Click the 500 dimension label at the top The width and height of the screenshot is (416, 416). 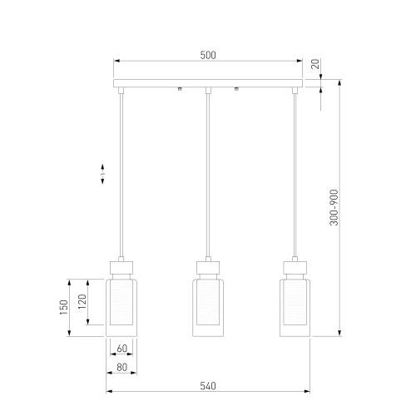[208, 55]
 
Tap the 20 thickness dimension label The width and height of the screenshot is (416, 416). [315, 64]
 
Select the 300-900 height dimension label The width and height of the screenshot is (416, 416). [334, 207]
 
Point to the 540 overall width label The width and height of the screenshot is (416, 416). [208, 386]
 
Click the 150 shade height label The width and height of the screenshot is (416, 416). [64, 307]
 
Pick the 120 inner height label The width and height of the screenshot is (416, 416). [82, 302]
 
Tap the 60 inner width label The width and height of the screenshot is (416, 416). [121, 349]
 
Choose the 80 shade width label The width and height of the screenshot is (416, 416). [121, 367]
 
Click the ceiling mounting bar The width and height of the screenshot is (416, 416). [208, 83]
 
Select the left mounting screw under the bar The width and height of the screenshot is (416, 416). [180, 89]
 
